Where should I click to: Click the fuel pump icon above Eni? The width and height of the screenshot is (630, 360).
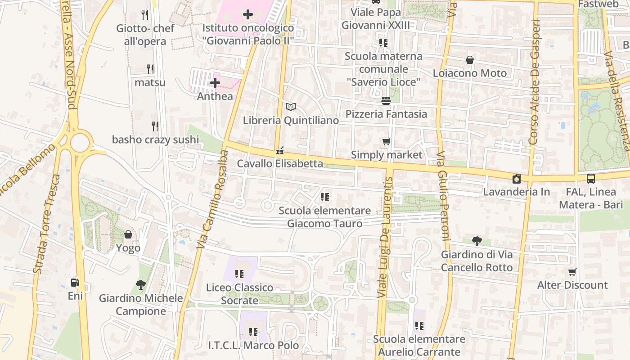pyautogui.click(x=75, y=283)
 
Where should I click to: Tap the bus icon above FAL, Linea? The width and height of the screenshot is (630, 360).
pyautogui.click(x=590, y=178)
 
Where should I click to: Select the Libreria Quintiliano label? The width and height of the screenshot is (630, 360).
pyautogui.click(x=291, y=121)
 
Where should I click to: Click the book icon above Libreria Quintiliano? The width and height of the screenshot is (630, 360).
pyautogui.click(x=291, y=107)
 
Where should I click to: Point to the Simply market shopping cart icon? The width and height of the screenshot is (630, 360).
pyautogui.click(x=386, y=142)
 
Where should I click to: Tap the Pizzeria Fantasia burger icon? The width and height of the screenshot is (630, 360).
pyautogui.click(x=386, y=100)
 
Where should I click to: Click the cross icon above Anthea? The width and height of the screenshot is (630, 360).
pyautogui.click(x=215, y=83)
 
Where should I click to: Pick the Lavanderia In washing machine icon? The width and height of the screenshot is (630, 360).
pyautogui.click(x=517, y=179)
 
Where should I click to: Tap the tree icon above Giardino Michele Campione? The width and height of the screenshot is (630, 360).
pyautogui.click(x=141, y=284)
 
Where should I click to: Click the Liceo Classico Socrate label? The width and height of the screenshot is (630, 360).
pyautogui.click(x=239, y=293)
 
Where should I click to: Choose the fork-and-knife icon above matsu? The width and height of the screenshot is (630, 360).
pyautogui.click(x=150, y=69)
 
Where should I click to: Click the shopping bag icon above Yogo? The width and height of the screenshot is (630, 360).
pyautogui.click(x=128, y=234)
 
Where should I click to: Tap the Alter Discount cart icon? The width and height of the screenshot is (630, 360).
pyautogui.click(x=572, y=272)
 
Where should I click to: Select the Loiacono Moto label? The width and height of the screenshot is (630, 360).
pyautogui.click(x=469, y=73)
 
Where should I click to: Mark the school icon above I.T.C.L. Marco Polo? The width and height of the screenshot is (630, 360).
pyautogui.click(x=253, y=332)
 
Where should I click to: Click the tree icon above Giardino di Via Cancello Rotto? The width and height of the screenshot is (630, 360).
pyautogui.click(x=477, y=241)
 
